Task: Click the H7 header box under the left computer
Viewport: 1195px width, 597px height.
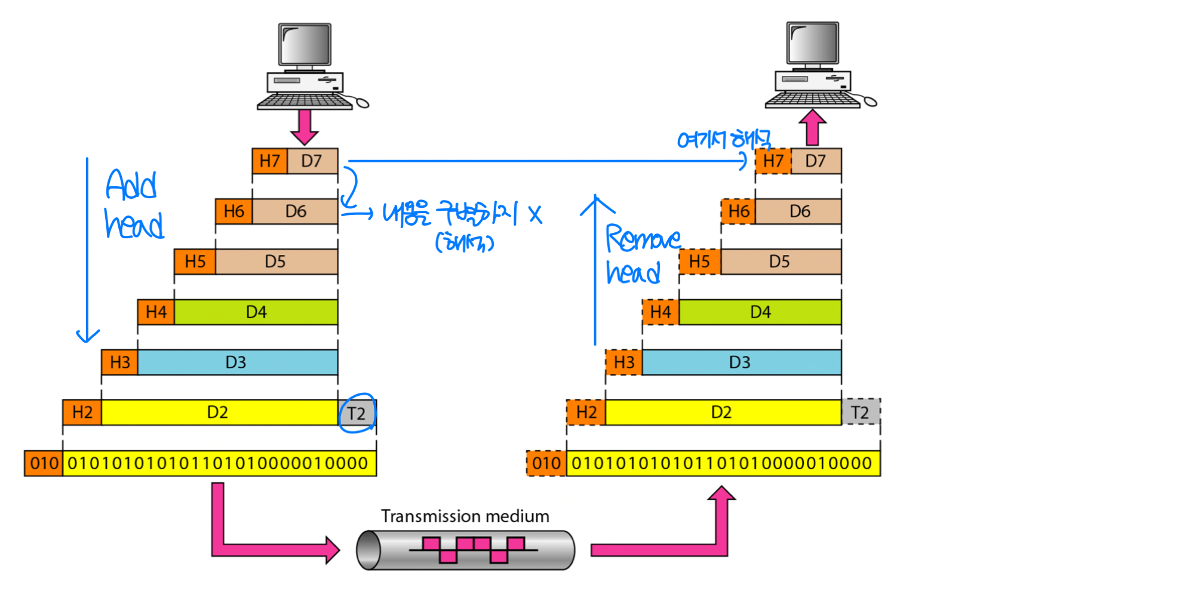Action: [x=270, y=161]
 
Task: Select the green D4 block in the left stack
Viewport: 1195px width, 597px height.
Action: [x=256, y=312]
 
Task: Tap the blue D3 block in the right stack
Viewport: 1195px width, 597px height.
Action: [x=741, y=362]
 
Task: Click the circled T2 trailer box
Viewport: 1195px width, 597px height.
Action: [x=357, y=413]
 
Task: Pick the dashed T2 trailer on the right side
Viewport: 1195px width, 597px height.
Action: [x=860, y=413]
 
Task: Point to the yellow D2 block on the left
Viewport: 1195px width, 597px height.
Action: [x=219, y=413]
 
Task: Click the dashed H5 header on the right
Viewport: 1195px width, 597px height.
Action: [x=699, y=261]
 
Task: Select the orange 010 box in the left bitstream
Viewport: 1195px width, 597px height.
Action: [x=44, y=463]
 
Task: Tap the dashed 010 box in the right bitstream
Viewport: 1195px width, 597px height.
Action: [x=546, y=463]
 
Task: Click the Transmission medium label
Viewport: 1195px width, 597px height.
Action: [x=465, y=516]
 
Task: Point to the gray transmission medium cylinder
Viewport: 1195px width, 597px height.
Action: [x=465, y=550]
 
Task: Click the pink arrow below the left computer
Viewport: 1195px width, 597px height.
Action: [x=305, y=126]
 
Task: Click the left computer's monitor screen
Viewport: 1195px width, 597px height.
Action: [x=305, y=44]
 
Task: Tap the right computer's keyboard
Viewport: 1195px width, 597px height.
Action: [x=812, y=100]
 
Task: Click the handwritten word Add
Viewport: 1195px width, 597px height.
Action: [x=131, y=184]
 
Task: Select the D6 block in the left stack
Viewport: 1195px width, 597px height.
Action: [x=295, y=211]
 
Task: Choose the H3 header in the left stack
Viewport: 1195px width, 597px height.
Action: [x=119, y=362]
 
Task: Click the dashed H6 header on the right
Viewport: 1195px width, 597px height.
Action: [x=738, y=211]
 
